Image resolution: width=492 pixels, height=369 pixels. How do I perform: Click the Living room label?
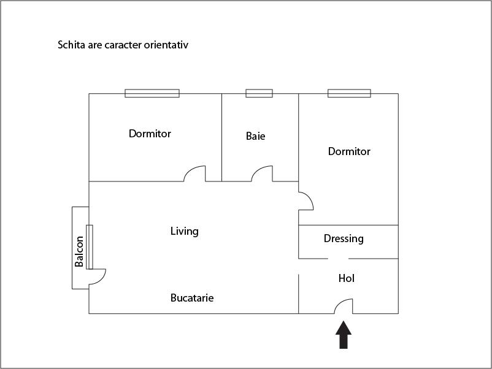[185, 231]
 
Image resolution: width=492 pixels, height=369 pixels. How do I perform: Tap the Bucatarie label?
[192, 297]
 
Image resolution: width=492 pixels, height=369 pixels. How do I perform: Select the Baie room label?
[255, 136]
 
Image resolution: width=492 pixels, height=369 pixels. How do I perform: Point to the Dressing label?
[344, 239]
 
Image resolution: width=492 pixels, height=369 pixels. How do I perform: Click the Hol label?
[347, 278]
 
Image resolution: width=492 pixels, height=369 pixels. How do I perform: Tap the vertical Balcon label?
[79, 251]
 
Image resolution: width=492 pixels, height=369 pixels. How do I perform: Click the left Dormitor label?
[150, 134]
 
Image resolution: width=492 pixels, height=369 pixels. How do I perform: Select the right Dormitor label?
[349, 151]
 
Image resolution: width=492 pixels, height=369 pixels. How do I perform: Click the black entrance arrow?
[344, 335]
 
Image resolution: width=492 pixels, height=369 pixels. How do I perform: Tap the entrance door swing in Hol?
[340, 303]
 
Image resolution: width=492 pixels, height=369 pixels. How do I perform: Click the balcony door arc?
[102, 279]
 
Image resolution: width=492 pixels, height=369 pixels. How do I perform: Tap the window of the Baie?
[259, 93]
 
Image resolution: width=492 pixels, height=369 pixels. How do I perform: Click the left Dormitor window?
[152, 93]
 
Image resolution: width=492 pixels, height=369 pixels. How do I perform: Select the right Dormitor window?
[349, 93]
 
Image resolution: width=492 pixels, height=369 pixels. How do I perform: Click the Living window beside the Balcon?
[90, 247]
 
